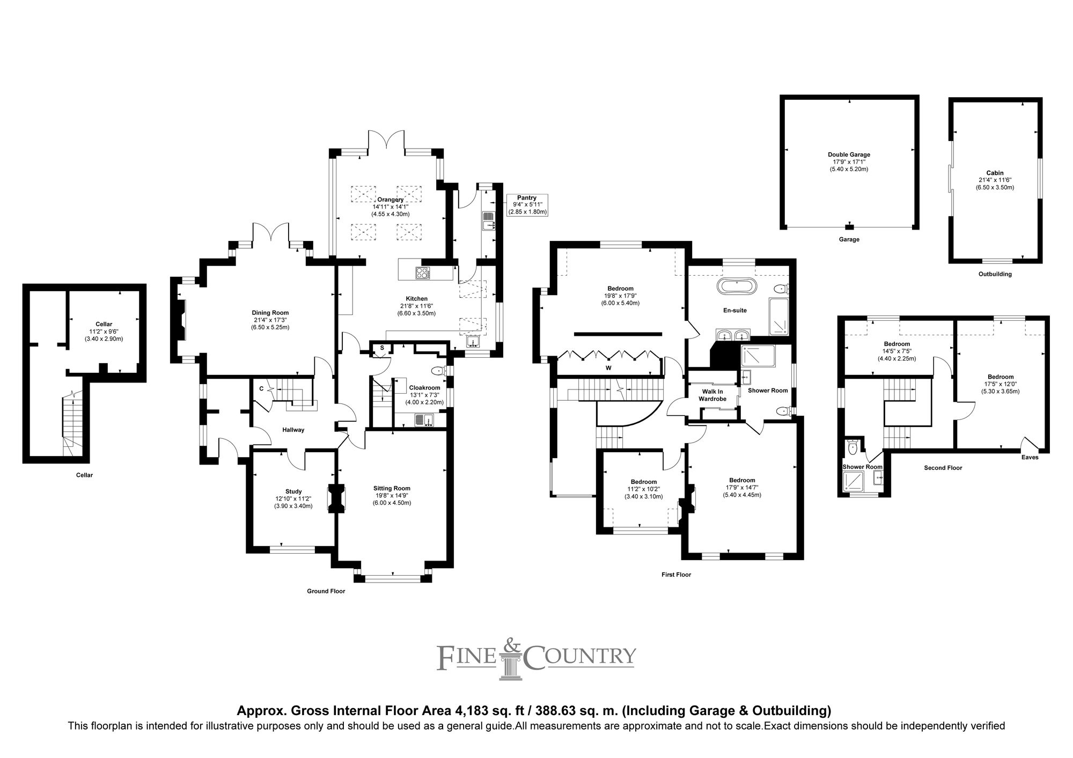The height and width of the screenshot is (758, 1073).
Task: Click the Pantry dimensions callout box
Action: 527,205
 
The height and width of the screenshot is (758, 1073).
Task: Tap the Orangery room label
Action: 390,200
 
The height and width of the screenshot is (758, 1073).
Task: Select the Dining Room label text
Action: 270,313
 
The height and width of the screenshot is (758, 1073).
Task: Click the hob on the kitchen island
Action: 423,273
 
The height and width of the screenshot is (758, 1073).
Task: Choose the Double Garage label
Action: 849,154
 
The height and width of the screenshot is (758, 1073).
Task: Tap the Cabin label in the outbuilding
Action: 994,173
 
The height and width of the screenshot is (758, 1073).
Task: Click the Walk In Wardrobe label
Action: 712,395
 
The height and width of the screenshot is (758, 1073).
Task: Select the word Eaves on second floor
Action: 1030,457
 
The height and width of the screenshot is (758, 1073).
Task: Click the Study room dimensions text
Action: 293,502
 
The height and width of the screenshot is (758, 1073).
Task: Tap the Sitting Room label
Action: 392,488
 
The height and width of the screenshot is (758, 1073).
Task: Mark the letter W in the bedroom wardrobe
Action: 608,368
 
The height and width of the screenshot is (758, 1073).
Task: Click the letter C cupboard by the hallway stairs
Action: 261,388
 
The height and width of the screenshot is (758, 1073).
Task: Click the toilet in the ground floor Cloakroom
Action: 438,370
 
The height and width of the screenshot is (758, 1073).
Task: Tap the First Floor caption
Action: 676,575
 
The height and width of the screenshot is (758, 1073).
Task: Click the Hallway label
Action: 293,430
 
